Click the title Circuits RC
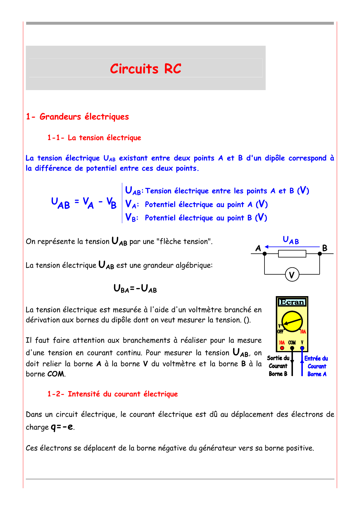pyautogui.click(x=145, y=69)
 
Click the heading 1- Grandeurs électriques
pyautogui.click(x=77, y=117)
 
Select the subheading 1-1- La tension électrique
pyautogui.click(x=94, y=138)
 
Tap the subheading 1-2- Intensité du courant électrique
pyautogui.click(x=112, y=394)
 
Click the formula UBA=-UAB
pyautogui.click(x=135, y=289)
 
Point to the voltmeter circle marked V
pyautogui.click(x=292, y=275)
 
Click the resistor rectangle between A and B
pyautogui.click(x=292, y=254)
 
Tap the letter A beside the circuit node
pyautogui.click(x=258, y=248)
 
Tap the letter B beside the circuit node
pyautogui.click(x=325, y=248)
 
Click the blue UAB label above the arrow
pyautogui.click(x=291, y=240)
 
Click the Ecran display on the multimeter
pyautogui.click(x=292, y=302)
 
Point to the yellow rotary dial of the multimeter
pyautogui.click(x=292, y=321)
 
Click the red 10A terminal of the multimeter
pyautogui.click(x=282, y=348)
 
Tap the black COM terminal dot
pyautogui.click(x=292, y=348)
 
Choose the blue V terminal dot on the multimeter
pyautogui.click(x=302, y=348)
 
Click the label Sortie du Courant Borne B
pyautogui.click(x=278, y=366)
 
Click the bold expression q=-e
pyautogui.click(x=62, y=427)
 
